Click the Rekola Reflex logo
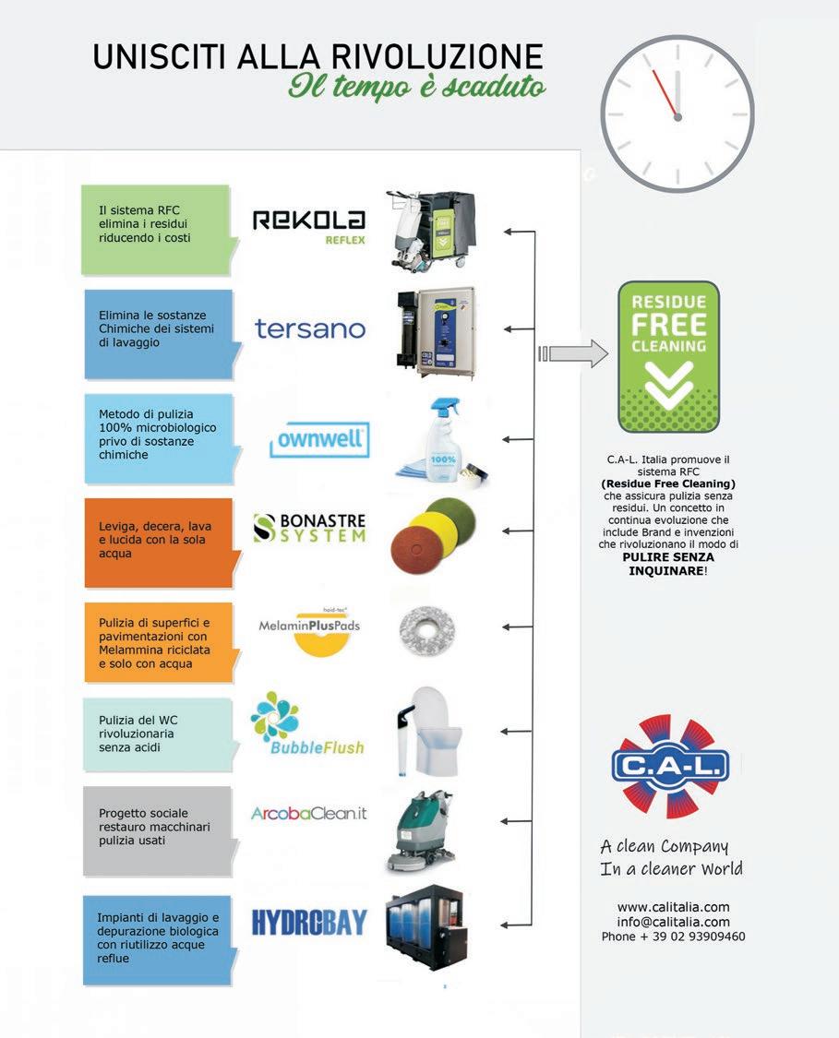(308, 225)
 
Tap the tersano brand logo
(310, 328)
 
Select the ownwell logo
(319, 440)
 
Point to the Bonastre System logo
(309, 528)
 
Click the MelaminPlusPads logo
(309, 630)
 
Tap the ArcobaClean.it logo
(309, 813)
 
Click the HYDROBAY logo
(309, 922)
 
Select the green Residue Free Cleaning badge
(668, 356)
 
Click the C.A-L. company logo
(670, 765)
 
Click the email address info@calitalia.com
(673, 922)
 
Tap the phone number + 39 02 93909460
(673, 937)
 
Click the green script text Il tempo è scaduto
(416, 88)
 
